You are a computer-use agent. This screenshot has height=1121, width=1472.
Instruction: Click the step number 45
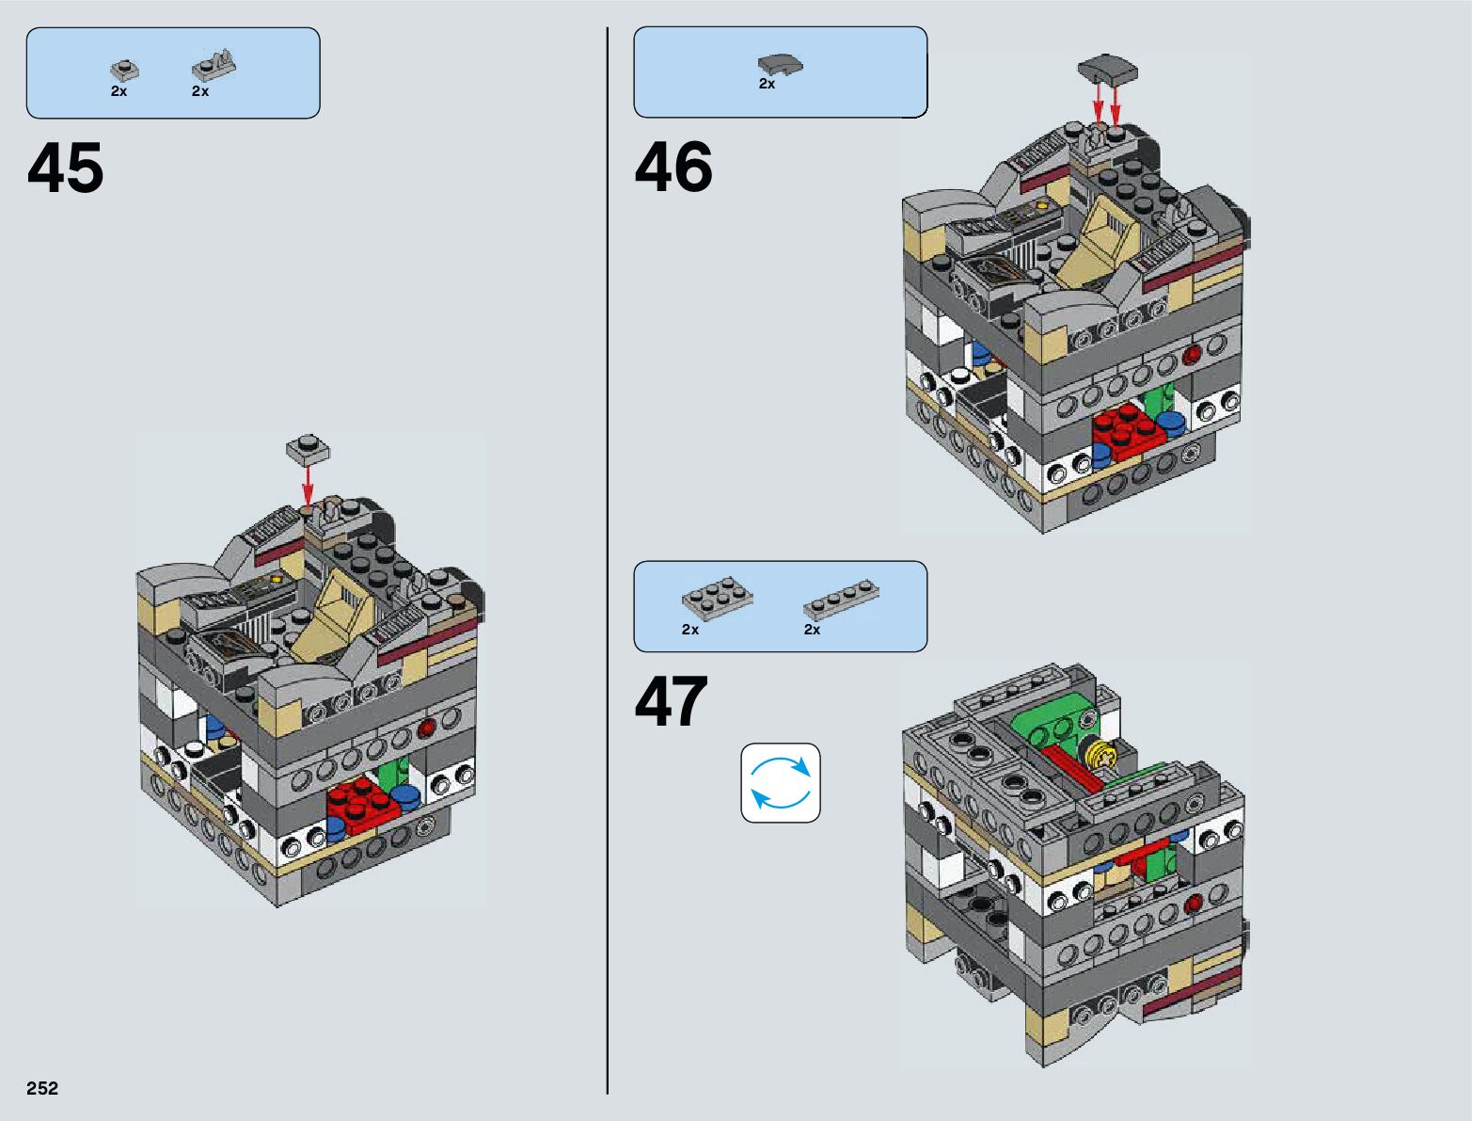tap(66, 169)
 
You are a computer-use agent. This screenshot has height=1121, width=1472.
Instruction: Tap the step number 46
tap(673, 168)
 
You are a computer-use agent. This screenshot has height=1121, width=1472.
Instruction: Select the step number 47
tap(672, 702)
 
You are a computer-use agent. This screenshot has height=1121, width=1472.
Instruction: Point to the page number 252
tap(42, 1088)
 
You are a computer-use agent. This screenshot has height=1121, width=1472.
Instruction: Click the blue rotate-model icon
tap(780, 783)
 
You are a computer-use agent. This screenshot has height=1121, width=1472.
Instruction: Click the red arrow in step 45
tap(308, 485)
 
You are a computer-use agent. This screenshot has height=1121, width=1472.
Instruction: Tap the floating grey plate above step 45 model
tap(309, 449)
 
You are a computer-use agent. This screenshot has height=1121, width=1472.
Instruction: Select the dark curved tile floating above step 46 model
tap(1107, 70)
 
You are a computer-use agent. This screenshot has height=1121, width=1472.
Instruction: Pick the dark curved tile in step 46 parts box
tap(780, 64)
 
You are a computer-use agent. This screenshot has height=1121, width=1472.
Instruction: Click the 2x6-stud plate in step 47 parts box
tap(717, 598)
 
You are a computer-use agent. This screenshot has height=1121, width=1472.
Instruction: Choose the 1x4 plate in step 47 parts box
tap(841, 600)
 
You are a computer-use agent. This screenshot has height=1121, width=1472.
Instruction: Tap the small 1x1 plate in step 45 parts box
tap(123, 70)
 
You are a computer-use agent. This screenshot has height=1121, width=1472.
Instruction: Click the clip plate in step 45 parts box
tap(214, 67)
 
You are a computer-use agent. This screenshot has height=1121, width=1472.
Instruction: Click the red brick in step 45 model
tap(361, 808)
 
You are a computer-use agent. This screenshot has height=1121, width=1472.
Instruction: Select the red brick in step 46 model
tap(1128, 432)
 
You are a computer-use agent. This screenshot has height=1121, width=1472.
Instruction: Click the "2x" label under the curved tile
tap(767, 84)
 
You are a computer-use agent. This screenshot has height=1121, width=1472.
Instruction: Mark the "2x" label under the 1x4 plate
tap(812, 630)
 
